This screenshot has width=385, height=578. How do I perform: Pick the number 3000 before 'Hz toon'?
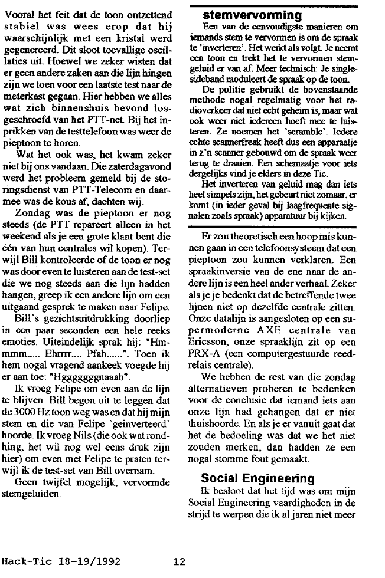click(x=25, y=413)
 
